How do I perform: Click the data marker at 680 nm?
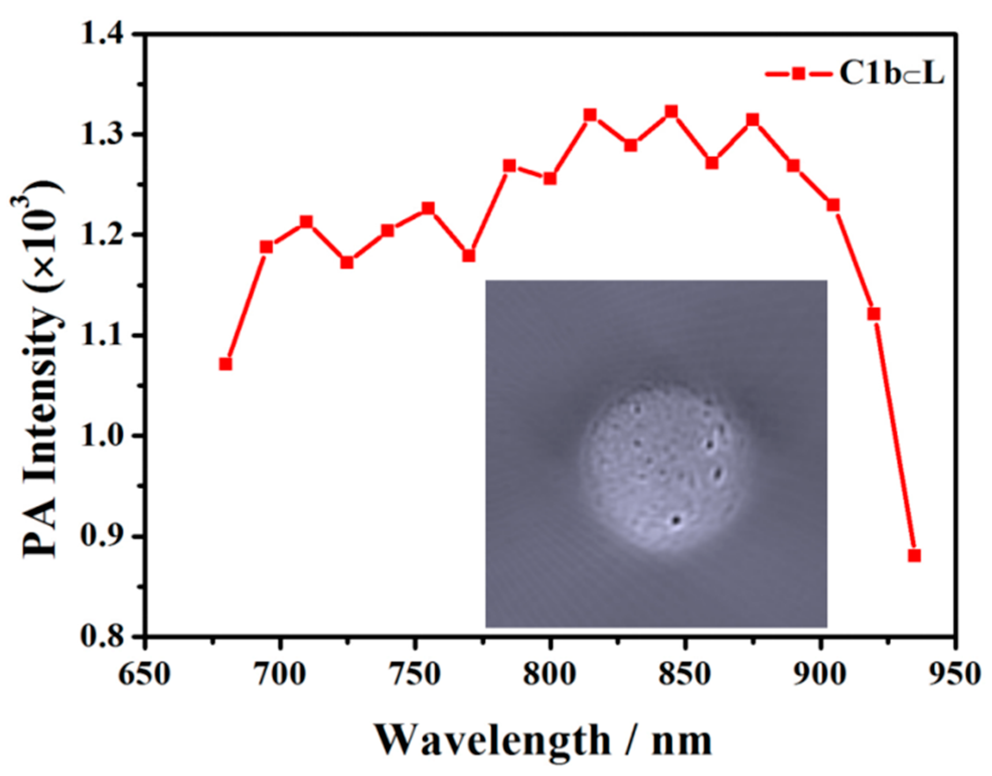click(x=226, y=364)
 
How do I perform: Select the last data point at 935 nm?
click(x=915, y=556)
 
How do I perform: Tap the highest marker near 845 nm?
click(x=672, y=111)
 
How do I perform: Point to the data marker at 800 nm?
click(x=550, y=179)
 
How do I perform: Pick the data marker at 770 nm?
click(x=469, y=256)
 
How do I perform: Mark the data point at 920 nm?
click(x=874, y=314)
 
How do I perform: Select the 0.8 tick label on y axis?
click(x=104, y=637)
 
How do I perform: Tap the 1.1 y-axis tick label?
click(x=104, y=335)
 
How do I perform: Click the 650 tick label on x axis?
click(x=144, y=673)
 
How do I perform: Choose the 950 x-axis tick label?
click(x=955, y=673)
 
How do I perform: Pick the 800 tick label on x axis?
click(x=550, y=673)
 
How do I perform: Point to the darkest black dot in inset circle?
click(x=677, y=521)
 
